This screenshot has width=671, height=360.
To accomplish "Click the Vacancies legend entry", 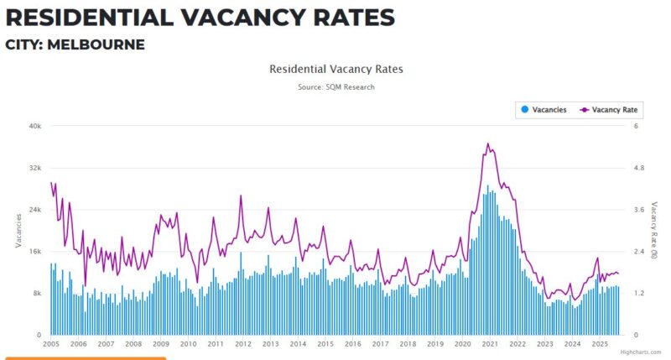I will point(544,110).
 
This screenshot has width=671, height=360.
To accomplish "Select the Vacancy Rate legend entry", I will point(609,110).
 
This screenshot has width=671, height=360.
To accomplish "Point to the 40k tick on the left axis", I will point(35,126).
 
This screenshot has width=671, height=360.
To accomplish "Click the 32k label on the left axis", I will point(35,168).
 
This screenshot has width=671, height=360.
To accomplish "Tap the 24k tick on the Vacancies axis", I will point(35,210).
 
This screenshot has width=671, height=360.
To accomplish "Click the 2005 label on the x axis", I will point(51,344).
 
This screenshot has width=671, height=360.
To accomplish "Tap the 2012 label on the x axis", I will point(242,344).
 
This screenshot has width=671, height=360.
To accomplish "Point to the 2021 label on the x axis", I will point(490,344).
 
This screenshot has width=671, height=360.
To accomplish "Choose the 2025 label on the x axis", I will point(600,344).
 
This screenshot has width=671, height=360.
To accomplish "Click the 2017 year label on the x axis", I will point(380,344).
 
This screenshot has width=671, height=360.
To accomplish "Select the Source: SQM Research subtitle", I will point(335,87).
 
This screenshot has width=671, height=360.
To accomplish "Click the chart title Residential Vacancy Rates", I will point(335,69).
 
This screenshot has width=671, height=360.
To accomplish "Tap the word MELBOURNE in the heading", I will point(96,44).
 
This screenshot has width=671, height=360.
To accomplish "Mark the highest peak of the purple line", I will point(487,143).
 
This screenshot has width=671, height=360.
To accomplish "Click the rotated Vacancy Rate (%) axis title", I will point(656,230).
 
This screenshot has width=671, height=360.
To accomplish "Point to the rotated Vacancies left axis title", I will point(18,230).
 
